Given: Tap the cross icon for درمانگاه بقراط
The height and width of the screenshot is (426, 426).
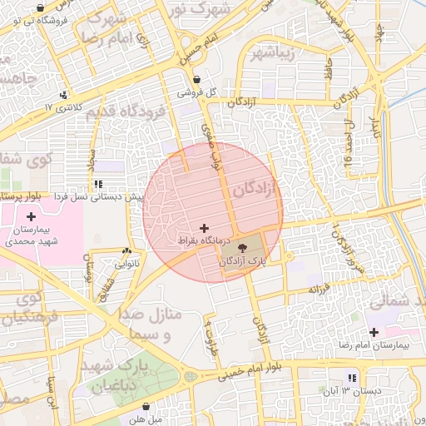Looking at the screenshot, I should [204, 227].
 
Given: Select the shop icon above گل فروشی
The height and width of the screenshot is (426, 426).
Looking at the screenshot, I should [196, 80].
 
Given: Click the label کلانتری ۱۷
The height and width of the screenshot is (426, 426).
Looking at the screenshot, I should [64, 107].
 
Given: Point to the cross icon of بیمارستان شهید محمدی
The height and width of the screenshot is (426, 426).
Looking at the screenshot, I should [32, 216].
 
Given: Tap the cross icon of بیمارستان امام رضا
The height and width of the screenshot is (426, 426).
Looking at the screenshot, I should [374, 331].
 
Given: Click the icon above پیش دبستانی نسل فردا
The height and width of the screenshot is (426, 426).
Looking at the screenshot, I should [98, 184].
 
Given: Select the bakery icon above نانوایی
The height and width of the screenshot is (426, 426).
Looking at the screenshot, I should [126, 251].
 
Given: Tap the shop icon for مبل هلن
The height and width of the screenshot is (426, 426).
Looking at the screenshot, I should [147, 407].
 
